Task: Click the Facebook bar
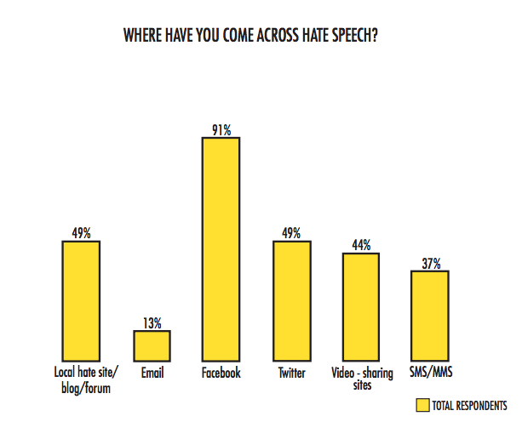pos(221,248)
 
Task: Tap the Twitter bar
pos(291,300)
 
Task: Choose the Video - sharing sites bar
pos(361,306)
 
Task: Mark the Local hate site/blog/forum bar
pos(81,300)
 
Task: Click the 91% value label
pos(221,129)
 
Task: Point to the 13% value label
pos(152,323)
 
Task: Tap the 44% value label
pos(361,246)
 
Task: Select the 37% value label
pos(429,264)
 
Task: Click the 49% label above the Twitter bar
pos(291,234)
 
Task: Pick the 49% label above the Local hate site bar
pos(81,234)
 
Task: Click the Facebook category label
pos(221,373)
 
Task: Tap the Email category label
pos(152,373)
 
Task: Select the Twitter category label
pos(291,373)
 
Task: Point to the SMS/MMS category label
pos(429,373)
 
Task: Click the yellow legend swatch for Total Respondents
pos(422,405)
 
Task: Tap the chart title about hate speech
pos(261,37)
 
